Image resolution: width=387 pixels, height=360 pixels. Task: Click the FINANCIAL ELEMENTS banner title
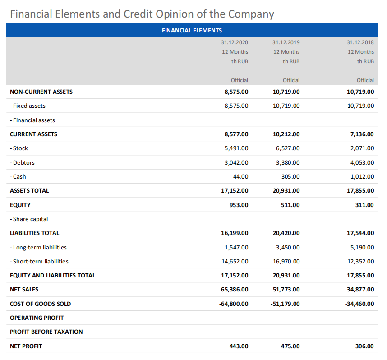[192, 30]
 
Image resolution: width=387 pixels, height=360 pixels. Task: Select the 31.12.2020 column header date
[235, 42]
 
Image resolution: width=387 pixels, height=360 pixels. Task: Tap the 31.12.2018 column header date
[360, 42]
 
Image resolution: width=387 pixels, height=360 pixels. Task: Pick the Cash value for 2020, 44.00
[241, 176]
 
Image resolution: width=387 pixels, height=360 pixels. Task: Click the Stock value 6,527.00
[288, 148]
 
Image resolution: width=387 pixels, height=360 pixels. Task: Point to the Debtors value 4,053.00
[362, 162]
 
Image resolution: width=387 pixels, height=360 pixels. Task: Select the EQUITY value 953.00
[239, 205]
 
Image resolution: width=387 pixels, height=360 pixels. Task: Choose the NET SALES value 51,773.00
[286, 289]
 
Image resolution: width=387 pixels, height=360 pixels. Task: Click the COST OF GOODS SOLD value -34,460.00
[359, 304]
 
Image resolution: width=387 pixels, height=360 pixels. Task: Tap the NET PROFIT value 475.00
[290, 346]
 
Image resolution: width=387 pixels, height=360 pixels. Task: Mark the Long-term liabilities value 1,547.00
[236, 247]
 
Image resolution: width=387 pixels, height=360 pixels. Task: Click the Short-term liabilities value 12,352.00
[360, 261]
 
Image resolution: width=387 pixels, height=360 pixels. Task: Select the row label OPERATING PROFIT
[37, 318]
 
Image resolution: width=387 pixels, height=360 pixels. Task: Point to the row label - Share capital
[29, 219]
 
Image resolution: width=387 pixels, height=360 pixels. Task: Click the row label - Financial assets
[32, 120]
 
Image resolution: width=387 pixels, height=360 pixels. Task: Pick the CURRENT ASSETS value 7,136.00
[362, 134]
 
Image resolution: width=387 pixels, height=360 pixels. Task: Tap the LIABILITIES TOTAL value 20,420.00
[286, 233]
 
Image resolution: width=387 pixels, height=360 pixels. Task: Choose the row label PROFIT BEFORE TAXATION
[46, 332]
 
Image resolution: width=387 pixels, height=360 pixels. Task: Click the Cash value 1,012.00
[362, 176]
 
